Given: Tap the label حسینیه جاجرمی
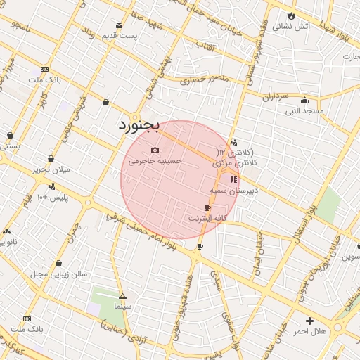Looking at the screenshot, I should coord(162,161).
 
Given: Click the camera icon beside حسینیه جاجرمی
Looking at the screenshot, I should coord(155,150).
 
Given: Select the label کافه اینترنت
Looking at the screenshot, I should coord(207,219).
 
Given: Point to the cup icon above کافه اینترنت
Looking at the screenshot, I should coord(207,207).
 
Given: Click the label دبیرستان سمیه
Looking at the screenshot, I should coord(234,190).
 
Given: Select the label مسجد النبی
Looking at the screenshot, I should coord(304,111).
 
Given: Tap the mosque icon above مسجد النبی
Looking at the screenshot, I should coord(304,100).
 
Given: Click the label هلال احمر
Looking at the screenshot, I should coord(310,331).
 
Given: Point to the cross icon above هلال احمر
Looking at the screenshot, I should coord(310,321).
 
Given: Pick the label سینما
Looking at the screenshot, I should coord(122,307).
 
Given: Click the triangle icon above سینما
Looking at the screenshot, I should coord(122,297).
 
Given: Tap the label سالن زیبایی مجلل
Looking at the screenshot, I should coord(58,273).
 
